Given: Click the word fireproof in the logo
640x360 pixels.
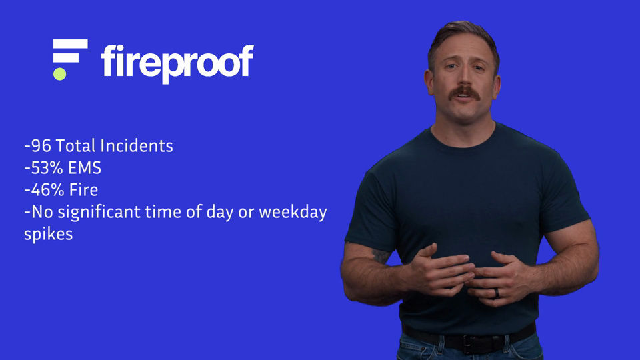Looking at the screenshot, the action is click(177, 63).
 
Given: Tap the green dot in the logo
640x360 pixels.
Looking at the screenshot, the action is click(59, 74).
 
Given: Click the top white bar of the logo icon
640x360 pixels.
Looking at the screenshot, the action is click(70, 44).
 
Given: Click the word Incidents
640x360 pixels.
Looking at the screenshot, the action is click(136, 146).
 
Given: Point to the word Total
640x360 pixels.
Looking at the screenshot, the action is click(75, 146).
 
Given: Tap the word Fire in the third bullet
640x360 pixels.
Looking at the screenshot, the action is click(84, 190).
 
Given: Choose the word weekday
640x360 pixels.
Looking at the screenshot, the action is click(293, 212).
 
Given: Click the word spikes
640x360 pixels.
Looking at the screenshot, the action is click(48, 235).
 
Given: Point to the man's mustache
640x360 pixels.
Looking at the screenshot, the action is click(465, 93).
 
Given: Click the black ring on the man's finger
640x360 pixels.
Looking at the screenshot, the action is click(497, 293).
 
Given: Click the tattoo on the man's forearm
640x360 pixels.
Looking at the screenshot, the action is click(381, 256).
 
